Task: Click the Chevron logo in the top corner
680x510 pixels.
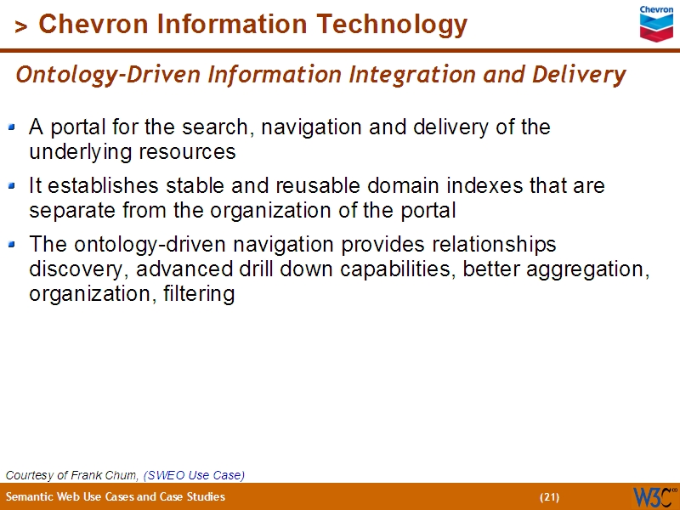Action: [x=656, y=22]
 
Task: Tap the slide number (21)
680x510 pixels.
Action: [x=549, y=496]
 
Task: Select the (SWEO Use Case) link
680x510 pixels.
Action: [x=194, y=474]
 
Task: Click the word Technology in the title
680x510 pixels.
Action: [x=395, y=25]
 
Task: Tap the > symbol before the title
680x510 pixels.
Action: [x=21, y=27]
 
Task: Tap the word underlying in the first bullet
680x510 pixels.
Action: [x=71, y=153]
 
